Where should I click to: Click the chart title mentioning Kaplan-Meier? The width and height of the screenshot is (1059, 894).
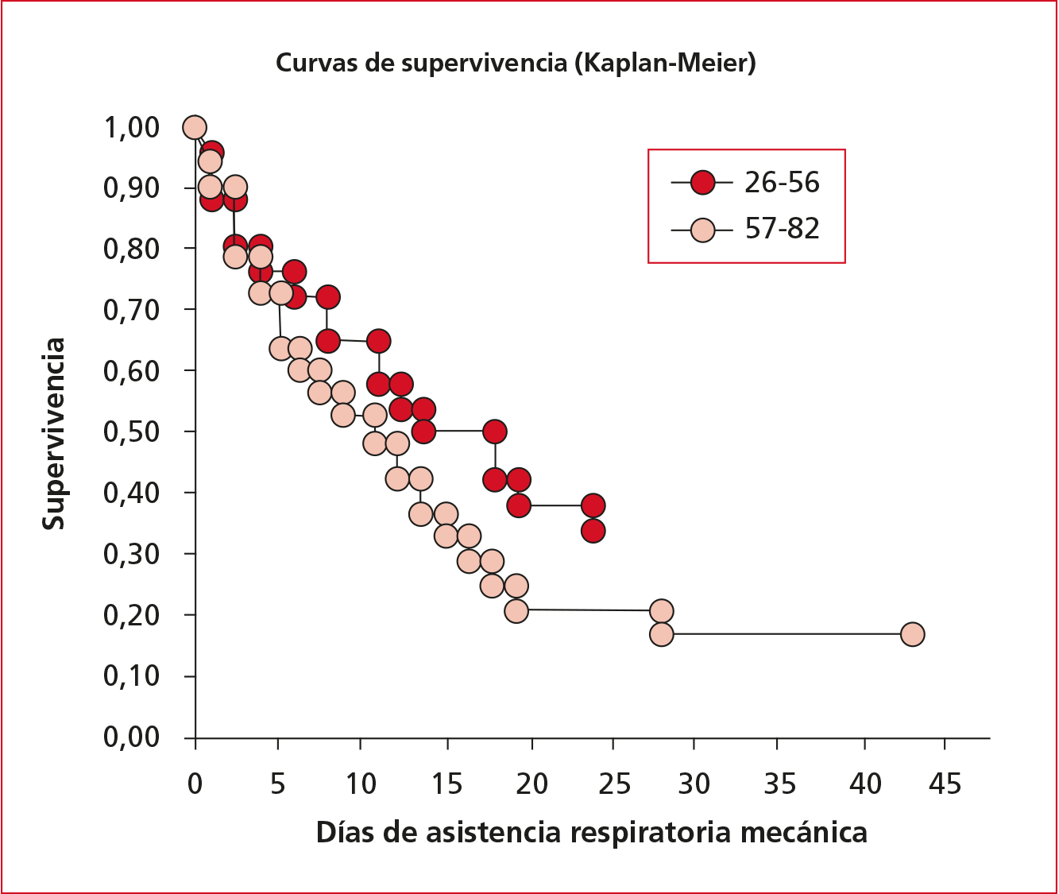click(516, 63)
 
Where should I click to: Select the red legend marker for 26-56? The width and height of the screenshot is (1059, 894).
click(702, 183)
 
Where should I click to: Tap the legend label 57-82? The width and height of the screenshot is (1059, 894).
click(782, 229)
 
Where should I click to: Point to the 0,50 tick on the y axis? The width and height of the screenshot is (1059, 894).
click(131, 432)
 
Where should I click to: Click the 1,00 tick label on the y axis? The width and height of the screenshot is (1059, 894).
click(131, 127)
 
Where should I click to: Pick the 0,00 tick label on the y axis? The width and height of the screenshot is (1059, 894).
click(131, 737)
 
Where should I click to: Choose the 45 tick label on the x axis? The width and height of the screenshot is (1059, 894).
click(944, 785)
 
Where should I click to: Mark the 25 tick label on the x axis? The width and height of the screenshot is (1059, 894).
click(613, 785)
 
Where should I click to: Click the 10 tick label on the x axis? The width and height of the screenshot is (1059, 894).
click(361, 785)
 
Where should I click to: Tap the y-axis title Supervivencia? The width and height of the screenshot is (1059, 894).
click(54, 434)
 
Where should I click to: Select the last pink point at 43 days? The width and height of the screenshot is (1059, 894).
click(913, 634)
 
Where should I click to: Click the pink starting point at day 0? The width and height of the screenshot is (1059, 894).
click(195, 127)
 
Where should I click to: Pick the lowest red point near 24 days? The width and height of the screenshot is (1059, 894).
click(593, 530)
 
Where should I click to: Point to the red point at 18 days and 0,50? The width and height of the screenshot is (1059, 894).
click(495, 432)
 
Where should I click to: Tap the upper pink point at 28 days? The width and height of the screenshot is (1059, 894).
click(661, 611)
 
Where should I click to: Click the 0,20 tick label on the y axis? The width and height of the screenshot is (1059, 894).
click(131, 615)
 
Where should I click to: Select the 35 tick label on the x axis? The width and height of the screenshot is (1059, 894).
click(779, 785)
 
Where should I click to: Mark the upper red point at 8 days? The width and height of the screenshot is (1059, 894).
click(327, 297)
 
